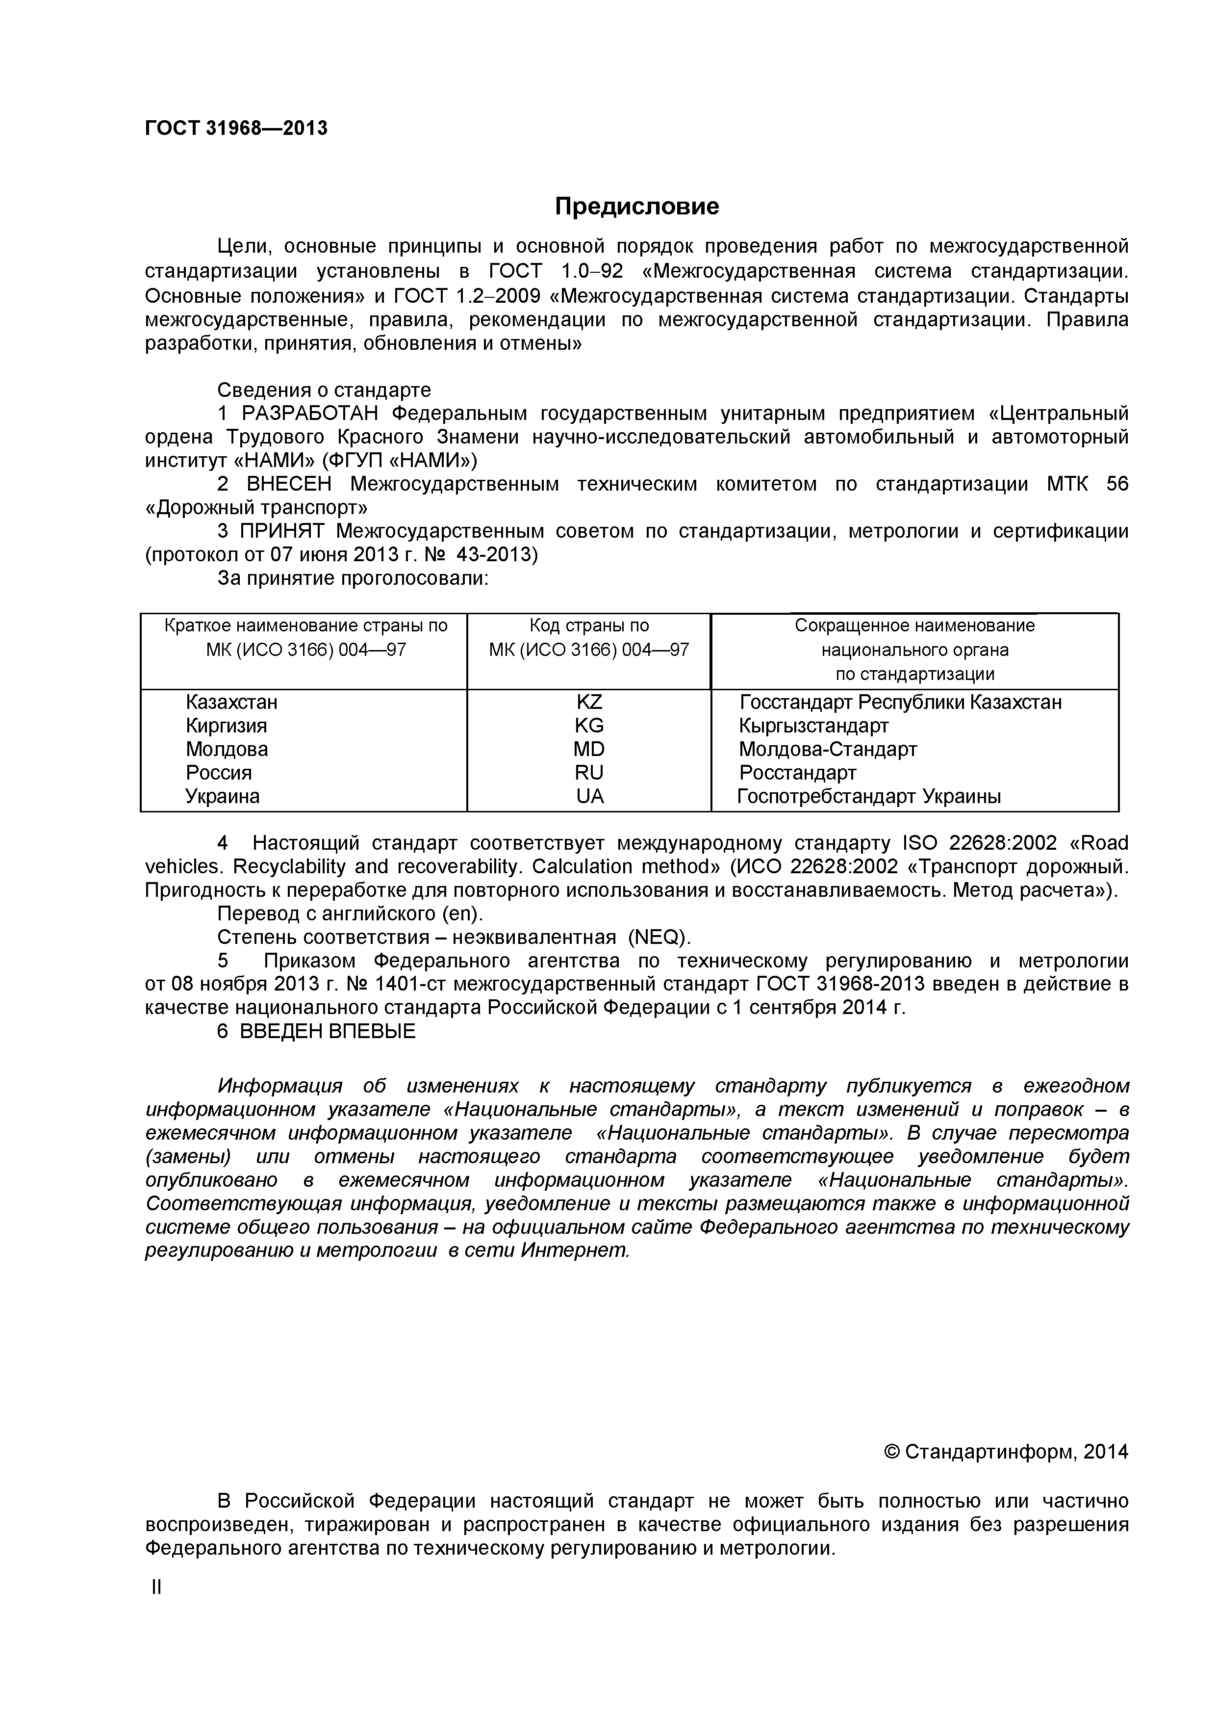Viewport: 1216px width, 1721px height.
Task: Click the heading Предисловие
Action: (x=637, y=206)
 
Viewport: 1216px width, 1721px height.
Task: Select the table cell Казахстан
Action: (x=231, y=703)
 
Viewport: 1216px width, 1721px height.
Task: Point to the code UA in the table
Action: (x=590, y=797)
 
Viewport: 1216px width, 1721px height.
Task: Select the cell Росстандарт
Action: (x=797, y=773)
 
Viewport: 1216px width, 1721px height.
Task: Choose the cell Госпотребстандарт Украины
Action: (x=869, y=797)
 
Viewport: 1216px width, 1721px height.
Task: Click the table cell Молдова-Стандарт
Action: (x=828, y=750)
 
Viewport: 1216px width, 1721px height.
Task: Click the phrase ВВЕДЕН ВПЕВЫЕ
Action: (x=328, y=1031)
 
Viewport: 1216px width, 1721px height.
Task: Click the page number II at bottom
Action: (x=156, y=1587)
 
